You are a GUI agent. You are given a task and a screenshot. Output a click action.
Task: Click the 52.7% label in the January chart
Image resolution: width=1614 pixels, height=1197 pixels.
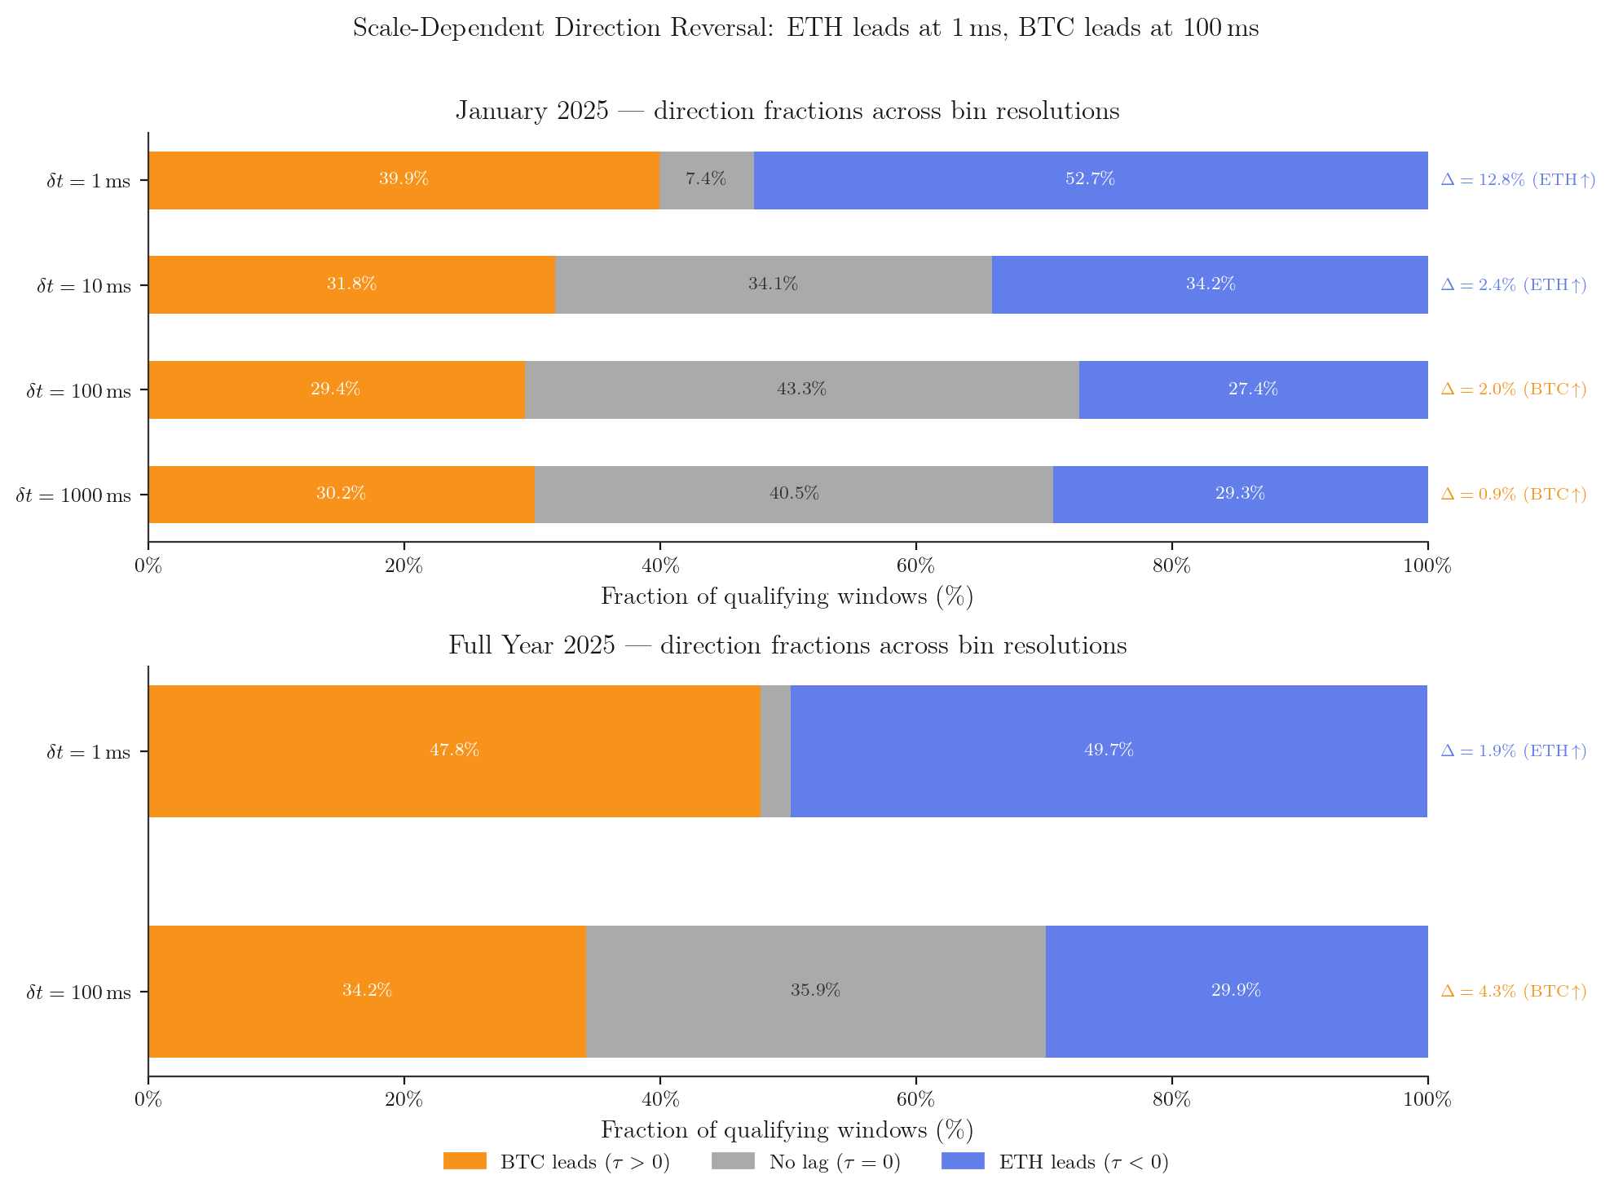1090,179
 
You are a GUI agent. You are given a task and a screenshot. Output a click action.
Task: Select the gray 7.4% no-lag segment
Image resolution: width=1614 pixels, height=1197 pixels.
706,179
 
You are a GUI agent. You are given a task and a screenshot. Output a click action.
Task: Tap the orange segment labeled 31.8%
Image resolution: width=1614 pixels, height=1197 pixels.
351,284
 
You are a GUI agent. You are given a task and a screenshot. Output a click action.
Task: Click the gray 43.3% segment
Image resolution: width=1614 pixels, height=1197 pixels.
801,389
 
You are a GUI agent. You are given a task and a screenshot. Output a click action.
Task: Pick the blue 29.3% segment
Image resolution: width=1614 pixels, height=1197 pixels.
1240,494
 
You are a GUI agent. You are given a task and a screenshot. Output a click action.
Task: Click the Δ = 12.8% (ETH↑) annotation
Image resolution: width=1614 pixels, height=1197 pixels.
1518,180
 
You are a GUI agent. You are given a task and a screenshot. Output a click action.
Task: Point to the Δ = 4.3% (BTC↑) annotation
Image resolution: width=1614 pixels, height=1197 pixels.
1514,992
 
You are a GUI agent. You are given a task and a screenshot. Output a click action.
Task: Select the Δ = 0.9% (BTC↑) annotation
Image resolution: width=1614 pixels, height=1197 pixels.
1514,495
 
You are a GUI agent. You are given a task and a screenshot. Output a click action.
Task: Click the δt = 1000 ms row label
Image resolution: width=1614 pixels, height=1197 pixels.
73,495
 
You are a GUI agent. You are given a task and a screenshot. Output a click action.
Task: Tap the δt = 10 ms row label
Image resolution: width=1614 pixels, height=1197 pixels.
84,286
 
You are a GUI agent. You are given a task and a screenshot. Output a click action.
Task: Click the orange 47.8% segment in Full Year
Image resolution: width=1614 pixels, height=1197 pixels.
454,750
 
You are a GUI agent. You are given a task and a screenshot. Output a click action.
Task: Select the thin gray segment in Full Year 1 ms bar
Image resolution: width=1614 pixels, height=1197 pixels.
775,750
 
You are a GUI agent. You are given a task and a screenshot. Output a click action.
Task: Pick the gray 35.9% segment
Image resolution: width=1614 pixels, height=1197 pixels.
815,991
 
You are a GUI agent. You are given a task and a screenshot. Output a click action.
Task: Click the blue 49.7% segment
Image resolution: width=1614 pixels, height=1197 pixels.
1109,750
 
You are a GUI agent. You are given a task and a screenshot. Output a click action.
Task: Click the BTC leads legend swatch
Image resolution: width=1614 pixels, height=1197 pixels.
465,1161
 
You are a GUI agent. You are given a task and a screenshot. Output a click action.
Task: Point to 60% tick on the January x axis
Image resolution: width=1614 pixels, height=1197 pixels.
915,565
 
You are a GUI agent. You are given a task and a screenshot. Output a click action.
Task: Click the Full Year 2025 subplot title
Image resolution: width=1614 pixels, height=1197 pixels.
787,645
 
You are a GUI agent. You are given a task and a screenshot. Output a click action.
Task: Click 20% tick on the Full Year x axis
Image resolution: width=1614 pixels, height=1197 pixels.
403,1100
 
